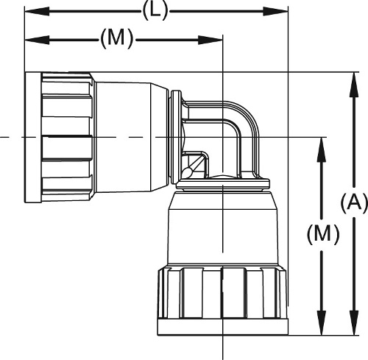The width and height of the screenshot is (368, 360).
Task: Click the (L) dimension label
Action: tap(155, 12)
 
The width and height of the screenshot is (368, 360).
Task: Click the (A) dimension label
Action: tap(354, 202)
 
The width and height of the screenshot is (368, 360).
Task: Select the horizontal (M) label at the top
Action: tap(116, 40)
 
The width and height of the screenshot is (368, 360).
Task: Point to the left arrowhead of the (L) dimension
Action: tap(37, 12)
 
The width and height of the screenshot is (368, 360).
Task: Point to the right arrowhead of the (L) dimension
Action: tap(275, 12)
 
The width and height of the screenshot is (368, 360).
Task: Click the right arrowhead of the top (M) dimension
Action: tap(210, 40)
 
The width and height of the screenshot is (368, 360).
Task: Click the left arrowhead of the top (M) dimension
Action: tap(37, 40)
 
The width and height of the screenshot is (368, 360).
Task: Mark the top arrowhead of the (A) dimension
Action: tap(354, 85)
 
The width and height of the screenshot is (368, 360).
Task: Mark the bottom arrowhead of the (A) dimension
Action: tap(354, 322)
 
